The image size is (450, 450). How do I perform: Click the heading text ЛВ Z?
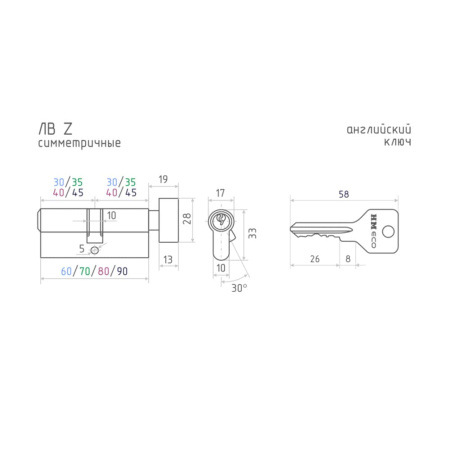tap(55, 129)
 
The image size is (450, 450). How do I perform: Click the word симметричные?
tap(79, 143)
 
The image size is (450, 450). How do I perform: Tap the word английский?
tap(379, 129)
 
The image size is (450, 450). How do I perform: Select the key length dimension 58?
tap(344, 194)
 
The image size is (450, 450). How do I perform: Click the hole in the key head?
tap(388, 231)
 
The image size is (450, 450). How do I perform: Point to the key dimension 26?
tap(315, 259)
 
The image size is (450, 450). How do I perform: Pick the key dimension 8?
tap(348, 259)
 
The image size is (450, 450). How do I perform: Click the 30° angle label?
tap(239, 288)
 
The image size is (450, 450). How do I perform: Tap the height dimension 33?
tap(252, 233)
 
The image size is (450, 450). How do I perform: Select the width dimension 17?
tap(220, 193)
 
